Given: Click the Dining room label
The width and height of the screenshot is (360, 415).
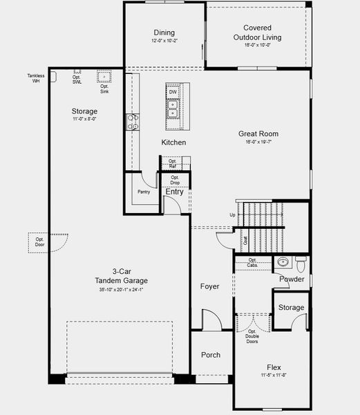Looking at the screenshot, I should point(164,33).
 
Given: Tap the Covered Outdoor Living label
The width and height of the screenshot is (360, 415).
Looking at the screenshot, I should point(257,33).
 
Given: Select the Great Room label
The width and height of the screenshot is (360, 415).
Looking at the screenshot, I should point(258,134).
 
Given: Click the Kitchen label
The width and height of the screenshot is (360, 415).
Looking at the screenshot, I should point(173,142).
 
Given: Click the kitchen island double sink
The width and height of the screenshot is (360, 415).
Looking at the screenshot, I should point(173,109).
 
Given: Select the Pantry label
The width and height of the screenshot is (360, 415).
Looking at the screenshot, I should point(144,192).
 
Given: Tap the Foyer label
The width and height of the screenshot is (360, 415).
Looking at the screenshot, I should point(209,286).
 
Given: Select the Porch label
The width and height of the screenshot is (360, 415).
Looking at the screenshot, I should point(211,355).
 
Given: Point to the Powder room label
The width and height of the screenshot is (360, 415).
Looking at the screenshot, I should point(292,279).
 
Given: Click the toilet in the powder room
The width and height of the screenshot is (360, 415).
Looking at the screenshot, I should point(301,263).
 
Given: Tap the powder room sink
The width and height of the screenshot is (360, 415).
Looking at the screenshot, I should point(282,262).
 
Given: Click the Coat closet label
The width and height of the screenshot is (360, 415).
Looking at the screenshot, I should point(245,241).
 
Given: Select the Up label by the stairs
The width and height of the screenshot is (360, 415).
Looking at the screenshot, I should point(232,215).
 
